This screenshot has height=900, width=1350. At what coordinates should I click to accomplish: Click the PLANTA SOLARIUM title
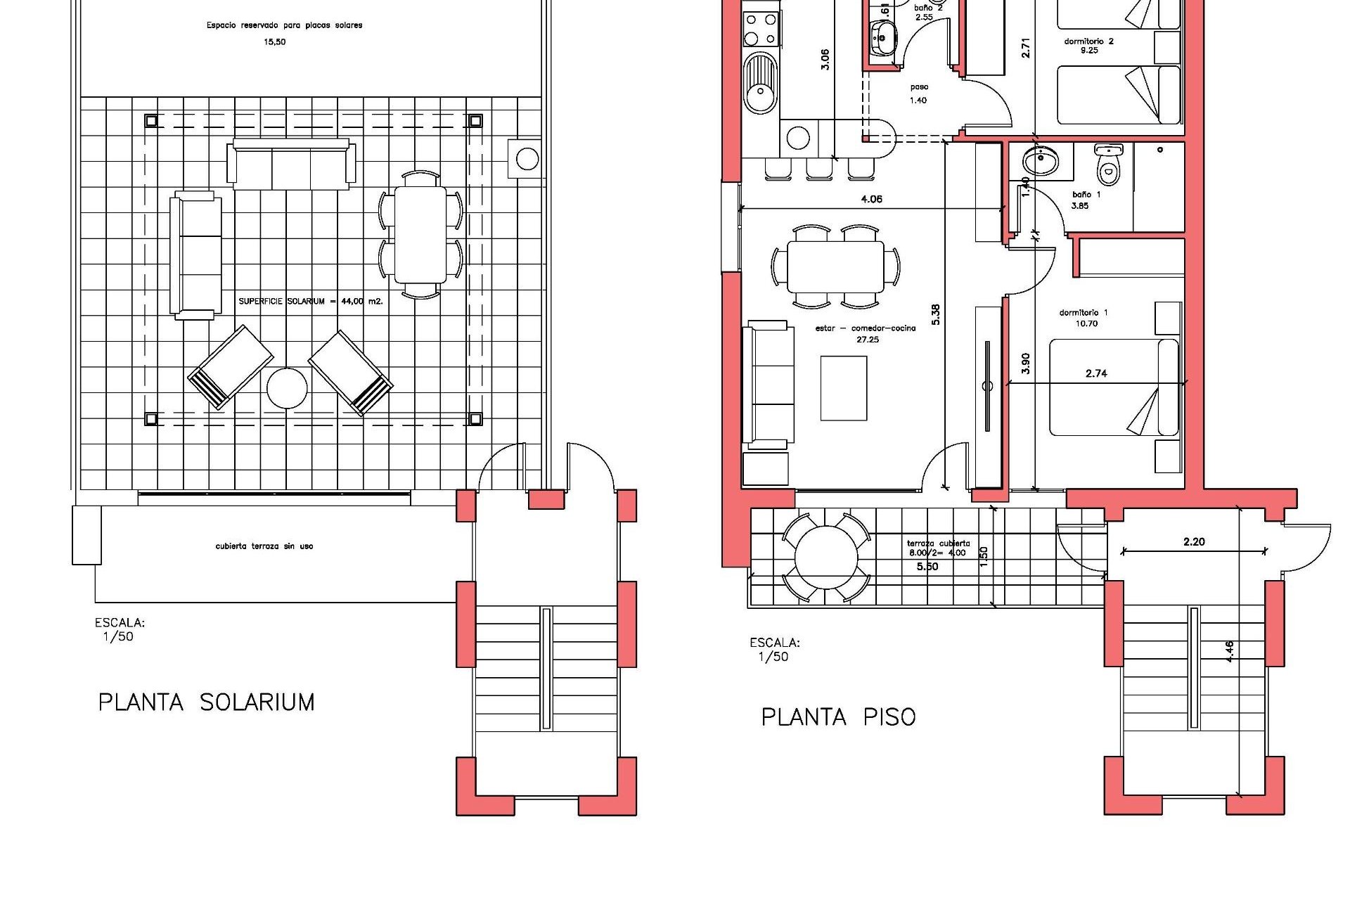point(206,702)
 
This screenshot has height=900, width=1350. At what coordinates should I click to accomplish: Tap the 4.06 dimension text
point(871,199)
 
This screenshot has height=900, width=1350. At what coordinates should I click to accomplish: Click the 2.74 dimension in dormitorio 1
point(1096,373)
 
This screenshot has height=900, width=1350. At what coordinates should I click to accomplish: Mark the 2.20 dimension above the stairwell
point(1194,541)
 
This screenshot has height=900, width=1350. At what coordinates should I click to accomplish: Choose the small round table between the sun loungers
point(287,388)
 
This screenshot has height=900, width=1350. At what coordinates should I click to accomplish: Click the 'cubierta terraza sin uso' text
point(264,546)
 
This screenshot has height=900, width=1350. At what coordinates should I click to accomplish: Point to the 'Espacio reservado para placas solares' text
point(284,25)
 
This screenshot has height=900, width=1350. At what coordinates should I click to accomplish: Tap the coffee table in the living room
point(844,388)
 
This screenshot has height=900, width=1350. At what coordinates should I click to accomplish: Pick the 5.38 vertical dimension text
point(935,314)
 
